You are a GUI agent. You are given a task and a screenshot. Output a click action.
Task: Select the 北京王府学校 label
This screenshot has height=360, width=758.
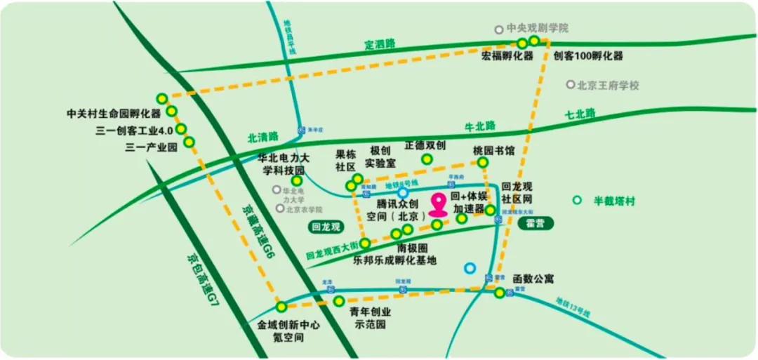point(608,85)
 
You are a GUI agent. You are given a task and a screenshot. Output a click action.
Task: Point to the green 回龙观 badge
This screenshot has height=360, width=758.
point(325,226)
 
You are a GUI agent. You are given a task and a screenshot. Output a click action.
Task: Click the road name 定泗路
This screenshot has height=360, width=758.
point(380,44)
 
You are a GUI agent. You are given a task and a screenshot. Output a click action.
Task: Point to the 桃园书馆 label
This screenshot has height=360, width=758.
point(494,150)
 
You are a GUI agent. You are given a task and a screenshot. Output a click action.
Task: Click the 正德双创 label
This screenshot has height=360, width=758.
point(425,145)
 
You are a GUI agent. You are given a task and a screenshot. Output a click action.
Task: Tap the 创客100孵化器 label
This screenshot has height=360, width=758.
point(587,56)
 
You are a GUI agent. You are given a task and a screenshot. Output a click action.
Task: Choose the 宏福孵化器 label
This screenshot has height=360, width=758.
point(507,56)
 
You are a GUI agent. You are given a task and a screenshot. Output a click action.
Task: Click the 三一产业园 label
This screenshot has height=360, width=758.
point(149,147)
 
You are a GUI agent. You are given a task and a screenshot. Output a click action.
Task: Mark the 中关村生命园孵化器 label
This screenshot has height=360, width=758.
point(114,113)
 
